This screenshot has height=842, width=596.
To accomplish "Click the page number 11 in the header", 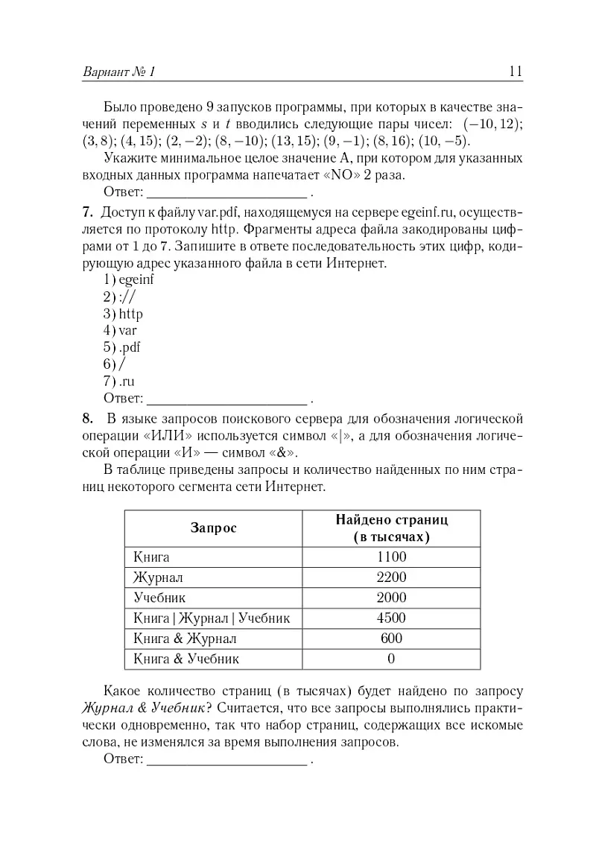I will (x=515, y=72).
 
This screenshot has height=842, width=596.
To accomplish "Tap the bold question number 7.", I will (x=87, y=212).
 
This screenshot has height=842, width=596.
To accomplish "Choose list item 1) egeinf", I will (x=129, y=279).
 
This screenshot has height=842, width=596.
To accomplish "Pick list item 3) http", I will (x=124, y=313).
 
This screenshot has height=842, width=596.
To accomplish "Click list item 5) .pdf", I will (x=122, y=346).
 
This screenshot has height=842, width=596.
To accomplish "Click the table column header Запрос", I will (x=214, y=528).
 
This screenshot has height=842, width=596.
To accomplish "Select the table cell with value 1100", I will (x=391, y=557).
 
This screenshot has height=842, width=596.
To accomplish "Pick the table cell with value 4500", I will (x=391, y=618).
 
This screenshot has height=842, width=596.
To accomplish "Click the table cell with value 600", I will (x=391, y=638).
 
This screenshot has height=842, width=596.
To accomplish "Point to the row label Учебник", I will (x=159, y=598).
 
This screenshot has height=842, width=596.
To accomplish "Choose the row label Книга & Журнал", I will (x=185, y=638).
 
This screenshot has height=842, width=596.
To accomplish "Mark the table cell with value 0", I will (x=391, y=659).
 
